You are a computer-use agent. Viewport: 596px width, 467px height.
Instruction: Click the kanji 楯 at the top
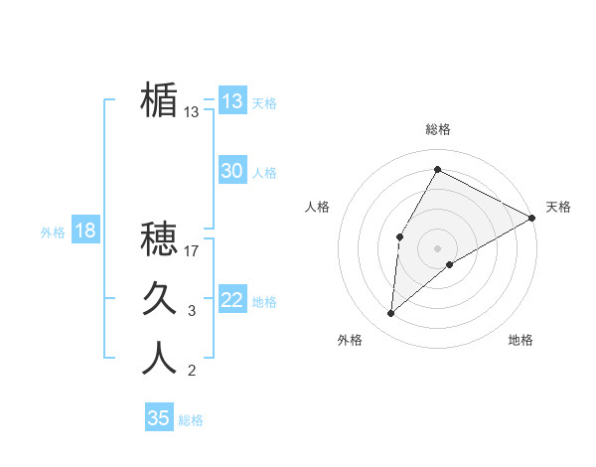[x=159, y=100]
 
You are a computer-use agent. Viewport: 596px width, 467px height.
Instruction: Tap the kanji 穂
[x=159, y=238]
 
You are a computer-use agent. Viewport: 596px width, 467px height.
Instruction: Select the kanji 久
[x=159, y=298]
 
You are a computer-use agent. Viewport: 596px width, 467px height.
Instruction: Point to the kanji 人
[x=159, y=358]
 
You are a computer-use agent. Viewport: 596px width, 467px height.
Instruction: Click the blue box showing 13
[x=231, y=101]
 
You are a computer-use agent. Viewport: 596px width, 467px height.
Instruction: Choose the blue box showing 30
[x=231, y=171]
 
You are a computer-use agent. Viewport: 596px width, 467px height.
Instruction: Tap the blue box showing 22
[x=231, y=300]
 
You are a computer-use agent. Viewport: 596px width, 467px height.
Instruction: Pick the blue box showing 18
[x=85, y=231]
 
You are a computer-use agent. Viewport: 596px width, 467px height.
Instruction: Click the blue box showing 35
[x=159, y=417]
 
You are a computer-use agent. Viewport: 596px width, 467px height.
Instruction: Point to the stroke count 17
[x=192, y=251]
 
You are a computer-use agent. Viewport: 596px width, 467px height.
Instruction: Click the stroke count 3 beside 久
[x=192, y=311]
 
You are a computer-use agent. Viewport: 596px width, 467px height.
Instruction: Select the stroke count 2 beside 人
[x=192, y=372]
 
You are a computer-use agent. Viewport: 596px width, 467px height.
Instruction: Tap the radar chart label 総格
[x=437, y=129]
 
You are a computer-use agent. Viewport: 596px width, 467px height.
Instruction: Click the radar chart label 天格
[x=558, y=207]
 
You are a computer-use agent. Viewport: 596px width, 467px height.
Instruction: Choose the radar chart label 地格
[x=521, y=340]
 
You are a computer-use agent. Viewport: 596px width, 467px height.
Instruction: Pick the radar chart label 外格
[x=350, y=340]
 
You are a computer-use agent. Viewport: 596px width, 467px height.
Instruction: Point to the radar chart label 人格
[x=318, y=207]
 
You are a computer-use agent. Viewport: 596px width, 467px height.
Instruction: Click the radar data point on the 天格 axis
[x=531, y=218]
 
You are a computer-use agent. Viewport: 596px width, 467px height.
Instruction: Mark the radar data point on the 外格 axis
[x=391, y=314]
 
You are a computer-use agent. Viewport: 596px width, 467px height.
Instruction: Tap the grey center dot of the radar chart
[x=437, y=247]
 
